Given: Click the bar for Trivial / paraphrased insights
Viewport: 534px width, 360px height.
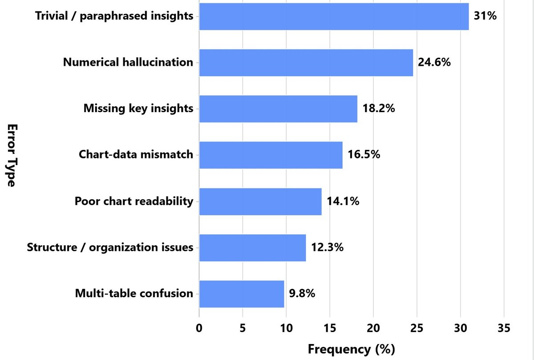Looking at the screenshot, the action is pyautogui.click(x=334, y=16).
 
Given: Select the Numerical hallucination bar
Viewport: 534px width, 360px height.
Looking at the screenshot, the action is pyautogui.click(x=306, y=63).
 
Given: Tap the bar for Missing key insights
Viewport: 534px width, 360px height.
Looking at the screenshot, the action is pyautogui.click(x=278, y=109).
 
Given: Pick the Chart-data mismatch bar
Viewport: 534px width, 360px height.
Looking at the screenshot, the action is pyautogui.click(x=271, y=155).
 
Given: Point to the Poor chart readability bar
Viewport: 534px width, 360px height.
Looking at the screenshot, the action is pyautogui.click(x=260, y=202).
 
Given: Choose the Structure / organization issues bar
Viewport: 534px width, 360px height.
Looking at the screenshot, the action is pyautogui.click(x=252, y=248).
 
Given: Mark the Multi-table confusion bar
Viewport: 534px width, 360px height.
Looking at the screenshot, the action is pyautogui.click(x=242, y=294).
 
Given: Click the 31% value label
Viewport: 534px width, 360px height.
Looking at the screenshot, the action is pyautogui.click(x=485, y=16).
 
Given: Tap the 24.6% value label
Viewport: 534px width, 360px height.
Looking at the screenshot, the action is pyautogui.click(x=434, y=62).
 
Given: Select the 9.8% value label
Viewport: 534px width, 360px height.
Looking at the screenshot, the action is pyautogui.click(x=302, y=293).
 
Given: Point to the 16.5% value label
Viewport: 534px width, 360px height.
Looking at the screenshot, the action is pyautogui.click(x=364, y=154).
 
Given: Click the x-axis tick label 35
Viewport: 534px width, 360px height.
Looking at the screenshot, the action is pyautogui.click(x=504, y=328).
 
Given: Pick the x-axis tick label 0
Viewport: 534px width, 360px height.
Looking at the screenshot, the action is pyautogui.click(x=199, y=328).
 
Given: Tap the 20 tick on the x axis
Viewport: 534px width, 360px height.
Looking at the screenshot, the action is pyautogui.click(x=373, y=328).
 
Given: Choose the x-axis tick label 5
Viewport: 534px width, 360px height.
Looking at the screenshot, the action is pyautogui.click(x=243, y=328).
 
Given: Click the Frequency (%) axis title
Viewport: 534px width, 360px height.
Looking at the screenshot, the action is pyautogui.click(x=352, y=349).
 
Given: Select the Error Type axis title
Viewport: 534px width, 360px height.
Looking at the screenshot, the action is pyautogui.click(x=12, y=155).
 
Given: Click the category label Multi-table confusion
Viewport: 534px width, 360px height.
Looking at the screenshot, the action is pyautogui.click(x=134, y=294).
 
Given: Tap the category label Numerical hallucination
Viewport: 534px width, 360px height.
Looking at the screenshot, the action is pyautogui.click(x=128, y=62).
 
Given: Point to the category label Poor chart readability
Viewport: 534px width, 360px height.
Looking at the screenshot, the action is pyautogui.click(x=134, y=201).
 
